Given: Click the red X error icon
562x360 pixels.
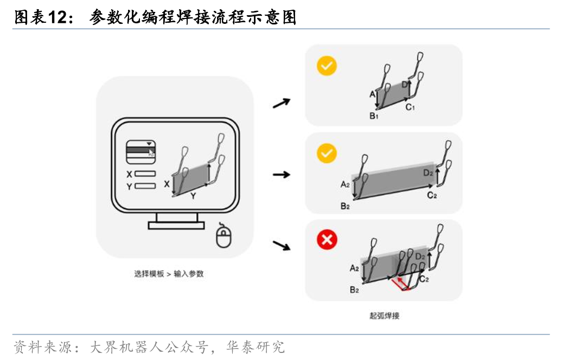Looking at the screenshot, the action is pos(327,239).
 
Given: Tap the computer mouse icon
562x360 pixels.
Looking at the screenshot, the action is pos(223,236).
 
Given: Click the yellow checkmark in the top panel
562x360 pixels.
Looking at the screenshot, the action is pos(327,66).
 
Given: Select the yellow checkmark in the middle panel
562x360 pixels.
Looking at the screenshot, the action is pos(327,153).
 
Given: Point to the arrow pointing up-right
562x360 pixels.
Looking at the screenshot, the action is pos(282,103).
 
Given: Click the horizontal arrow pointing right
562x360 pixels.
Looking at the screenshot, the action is pos(282,175).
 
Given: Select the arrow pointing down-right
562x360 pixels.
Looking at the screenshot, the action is pos(282,246).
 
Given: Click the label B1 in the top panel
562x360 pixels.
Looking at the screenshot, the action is pos(374,116).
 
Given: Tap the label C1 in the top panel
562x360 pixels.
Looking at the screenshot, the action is pos(410,107).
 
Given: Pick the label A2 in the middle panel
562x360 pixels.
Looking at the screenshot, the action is pos(345,184).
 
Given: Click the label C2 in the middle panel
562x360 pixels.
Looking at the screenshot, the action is pos(432,195).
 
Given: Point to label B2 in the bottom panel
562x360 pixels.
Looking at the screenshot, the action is pos(354,290).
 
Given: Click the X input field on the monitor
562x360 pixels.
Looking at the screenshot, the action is pos(145,173).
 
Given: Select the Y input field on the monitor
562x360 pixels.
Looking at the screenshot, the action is pos(145,186).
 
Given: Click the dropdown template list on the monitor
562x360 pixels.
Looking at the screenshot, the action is pos(141,152).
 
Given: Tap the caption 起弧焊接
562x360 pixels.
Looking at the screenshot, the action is pos(384,316).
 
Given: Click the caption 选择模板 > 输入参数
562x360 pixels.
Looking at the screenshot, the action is pos(169,274).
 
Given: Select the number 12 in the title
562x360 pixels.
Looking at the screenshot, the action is pos(56,17).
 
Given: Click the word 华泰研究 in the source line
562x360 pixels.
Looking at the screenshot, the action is pos(255,347).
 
